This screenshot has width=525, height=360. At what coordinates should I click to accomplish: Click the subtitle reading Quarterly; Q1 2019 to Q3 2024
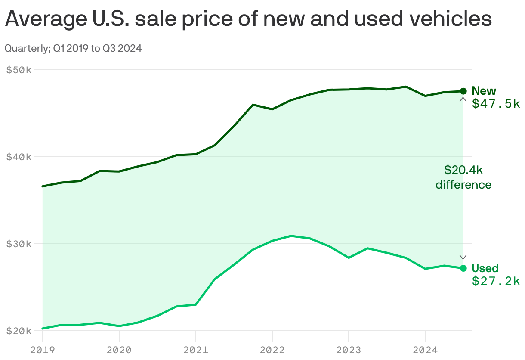[x=73, y=49]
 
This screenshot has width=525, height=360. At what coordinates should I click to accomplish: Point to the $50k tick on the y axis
[x=19, y=70]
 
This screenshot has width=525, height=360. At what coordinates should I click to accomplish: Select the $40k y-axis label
[x=19, y=157]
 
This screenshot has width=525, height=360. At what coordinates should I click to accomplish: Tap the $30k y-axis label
[x=19, y=244]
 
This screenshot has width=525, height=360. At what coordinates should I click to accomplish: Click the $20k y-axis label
[x=19, y=331]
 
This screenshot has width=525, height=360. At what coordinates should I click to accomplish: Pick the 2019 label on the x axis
[x=43, y=350]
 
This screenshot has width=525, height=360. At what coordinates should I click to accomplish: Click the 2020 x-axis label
[x=119, y=350]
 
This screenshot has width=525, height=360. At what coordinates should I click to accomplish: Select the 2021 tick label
[x=196, y=350]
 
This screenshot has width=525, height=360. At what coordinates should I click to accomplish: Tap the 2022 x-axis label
[x=272, y=350]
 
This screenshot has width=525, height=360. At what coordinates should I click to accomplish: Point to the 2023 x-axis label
[x=349, y=350]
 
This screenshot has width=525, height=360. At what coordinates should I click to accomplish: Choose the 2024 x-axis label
[x=425, y=350]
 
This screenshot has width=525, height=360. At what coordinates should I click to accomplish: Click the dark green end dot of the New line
[x=463, y=91]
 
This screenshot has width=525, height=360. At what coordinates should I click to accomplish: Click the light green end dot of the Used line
[x=463, y=268]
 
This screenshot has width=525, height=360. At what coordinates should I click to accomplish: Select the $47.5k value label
[x=496, y=104]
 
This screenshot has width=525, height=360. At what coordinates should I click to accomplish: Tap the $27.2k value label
[x=496, y=281]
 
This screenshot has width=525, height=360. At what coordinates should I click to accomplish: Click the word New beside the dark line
[x=484, y=91]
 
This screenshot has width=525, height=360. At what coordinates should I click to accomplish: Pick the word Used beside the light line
[x=485, y=268]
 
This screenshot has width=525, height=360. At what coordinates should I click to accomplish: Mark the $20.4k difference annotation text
[x=463, y=177]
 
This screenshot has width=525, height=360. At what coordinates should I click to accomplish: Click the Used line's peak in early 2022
[x=291, y=236]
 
